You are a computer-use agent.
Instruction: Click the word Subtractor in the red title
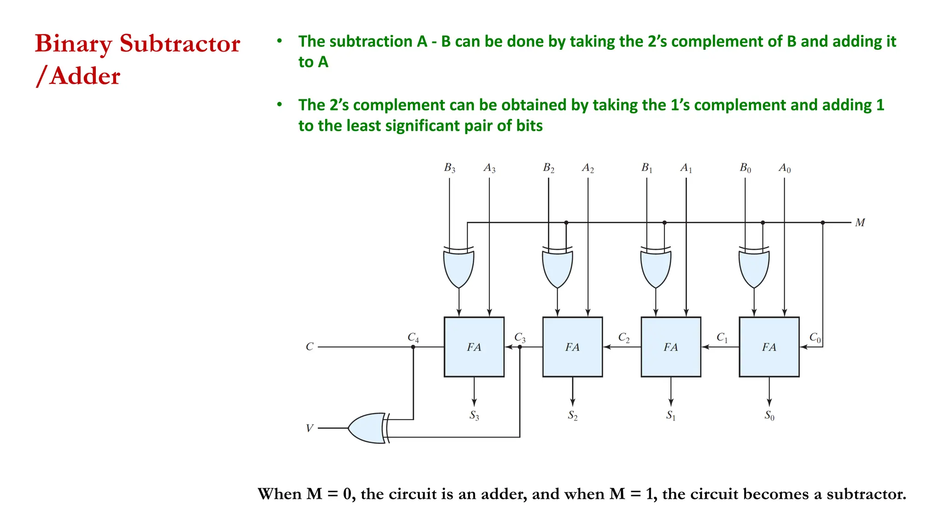pos(180,44)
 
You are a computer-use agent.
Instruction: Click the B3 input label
pos(449,168)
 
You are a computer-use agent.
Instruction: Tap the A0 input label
pos(785,168)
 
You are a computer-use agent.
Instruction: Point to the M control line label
pos(860,223)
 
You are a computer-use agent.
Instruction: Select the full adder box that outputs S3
pos(474,347)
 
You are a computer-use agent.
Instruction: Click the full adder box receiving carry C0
pos(769,347)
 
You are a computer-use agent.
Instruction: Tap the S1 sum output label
pos(671,415)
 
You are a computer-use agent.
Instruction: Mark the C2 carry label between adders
pos(623,338)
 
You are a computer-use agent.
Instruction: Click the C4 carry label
pos(413,337)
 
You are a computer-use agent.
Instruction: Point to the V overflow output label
pos(309,428)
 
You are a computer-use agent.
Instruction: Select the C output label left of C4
pos(309,347)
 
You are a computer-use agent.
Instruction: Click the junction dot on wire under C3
pos(520,347)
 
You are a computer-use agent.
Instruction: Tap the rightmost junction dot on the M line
pos(823,223)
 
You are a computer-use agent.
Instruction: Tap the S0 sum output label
pos(769,415)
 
